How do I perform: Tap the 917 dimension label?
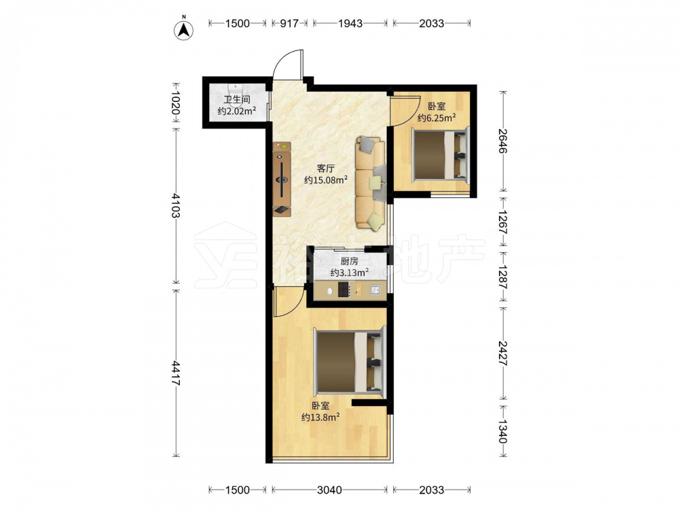click(x=289, y=23)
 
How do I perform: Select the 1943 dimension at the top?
click(x=350, y=23)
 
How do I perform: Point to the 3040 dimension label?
click(x=329, y=490)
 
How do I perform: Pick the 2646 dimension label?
click(x=502, y=141)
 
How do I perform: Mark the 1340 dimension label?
click(x=502, y=431)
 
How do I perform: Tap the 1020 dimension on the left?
click(x=176, y=103)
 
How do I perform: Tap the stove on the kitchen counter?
click(x=344, y=290)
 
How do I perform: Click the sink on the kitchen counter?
click(x=375, y=289)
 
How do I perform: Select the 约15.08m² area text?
click(x=326, y=180)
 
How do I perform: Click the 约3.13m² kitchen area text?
click(x=350, y=273)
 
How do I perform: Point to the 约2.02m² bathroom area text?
click(x=236, y=112)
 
